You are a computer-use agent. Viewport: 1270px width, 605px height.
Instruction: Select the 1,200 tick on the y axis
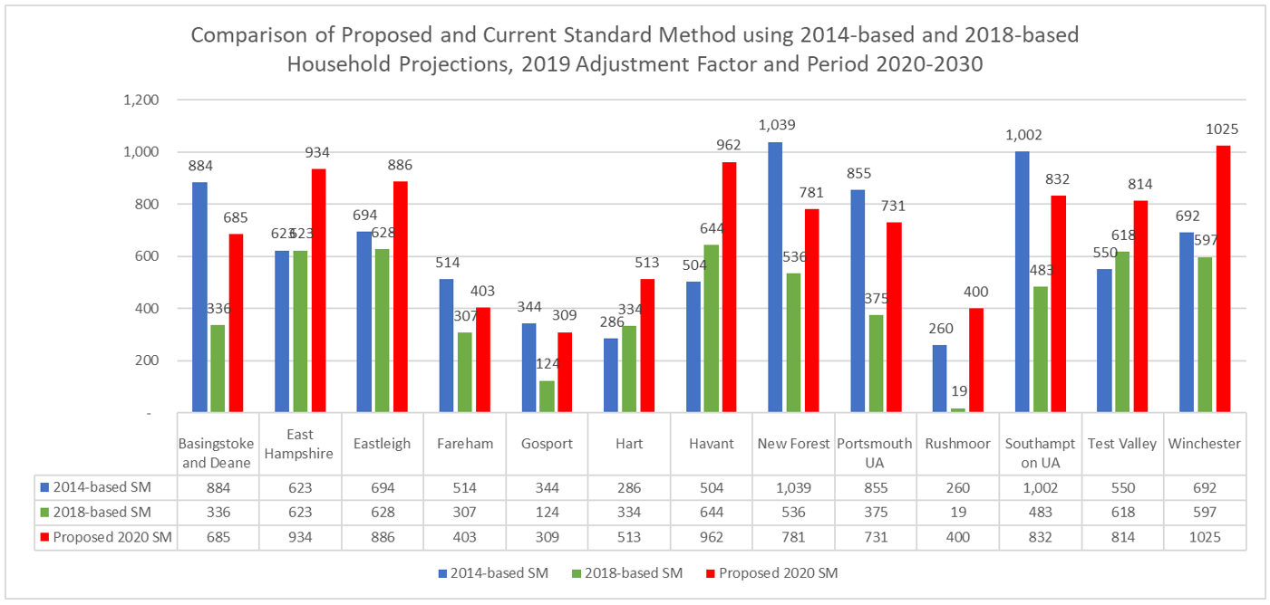[x=143, y=101]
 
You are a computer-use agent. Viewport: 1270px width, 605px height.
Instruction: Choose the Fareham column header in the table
[x=465, y=443]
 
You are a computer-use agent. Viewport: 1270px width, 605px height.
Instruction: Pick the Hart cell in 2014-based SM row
[x=629, y=487]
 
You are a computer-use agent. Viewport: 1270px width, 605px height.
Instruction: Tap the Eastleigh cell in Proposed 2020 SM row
[x=383, y=536]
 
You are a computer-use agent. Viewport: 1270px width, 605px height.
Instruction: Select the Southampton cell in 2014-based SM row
[x=1040, y=487]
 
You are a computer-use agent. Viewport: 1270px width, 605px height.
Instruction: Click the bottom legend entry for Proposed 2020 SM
[x=778, y=572]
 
